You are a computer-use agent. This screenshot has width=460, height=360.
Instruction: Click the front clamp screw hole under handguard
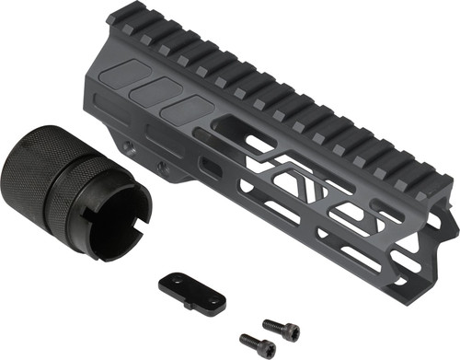(x=163, y=166)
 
